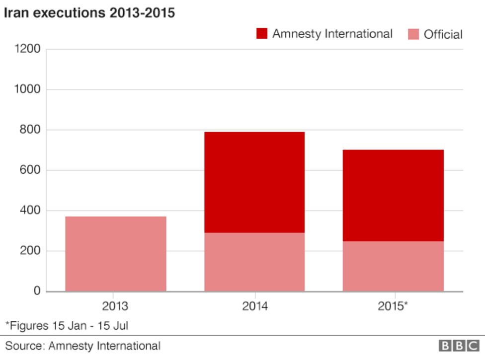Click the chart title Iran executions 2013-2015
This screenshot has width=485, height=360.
[89, 12]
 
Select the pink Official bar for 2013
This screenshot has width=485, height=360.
[116, 254]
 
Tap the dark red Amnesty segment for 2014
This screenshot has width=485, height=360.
[254, 182]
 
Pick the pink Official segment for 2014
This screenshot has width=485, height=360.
[254, 262]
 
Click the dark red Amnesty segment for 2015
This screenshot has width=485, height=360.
[393, 195]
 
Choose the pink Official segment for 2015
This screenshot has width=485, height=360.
[393, 266]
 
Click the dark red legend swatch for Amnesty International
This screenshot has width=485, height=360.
[262, 34]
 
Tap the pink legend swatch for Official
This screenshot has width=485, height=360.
[413, 34]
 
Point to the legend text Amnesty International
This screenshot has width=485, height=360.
[332, 34]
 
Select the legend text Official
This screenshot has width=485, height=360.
[443, 34]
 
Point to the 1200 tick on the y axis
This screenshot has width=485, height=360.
[28, 49]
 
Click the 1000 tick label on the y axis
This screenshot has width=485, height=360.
[28, 89]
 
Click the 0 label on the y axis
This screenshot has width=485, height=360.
[37, 291]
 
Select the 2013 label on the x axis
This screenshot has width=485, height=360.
[116, 306]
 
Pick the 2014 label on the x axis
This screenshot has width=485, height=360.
[254, 306]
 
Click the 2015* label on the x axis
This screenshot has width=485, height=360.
[393, 306]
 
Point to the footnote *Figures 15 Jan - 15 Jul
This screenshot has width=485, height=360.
[67, 326]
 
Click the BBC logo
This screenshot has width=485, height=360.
[458, 346]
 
